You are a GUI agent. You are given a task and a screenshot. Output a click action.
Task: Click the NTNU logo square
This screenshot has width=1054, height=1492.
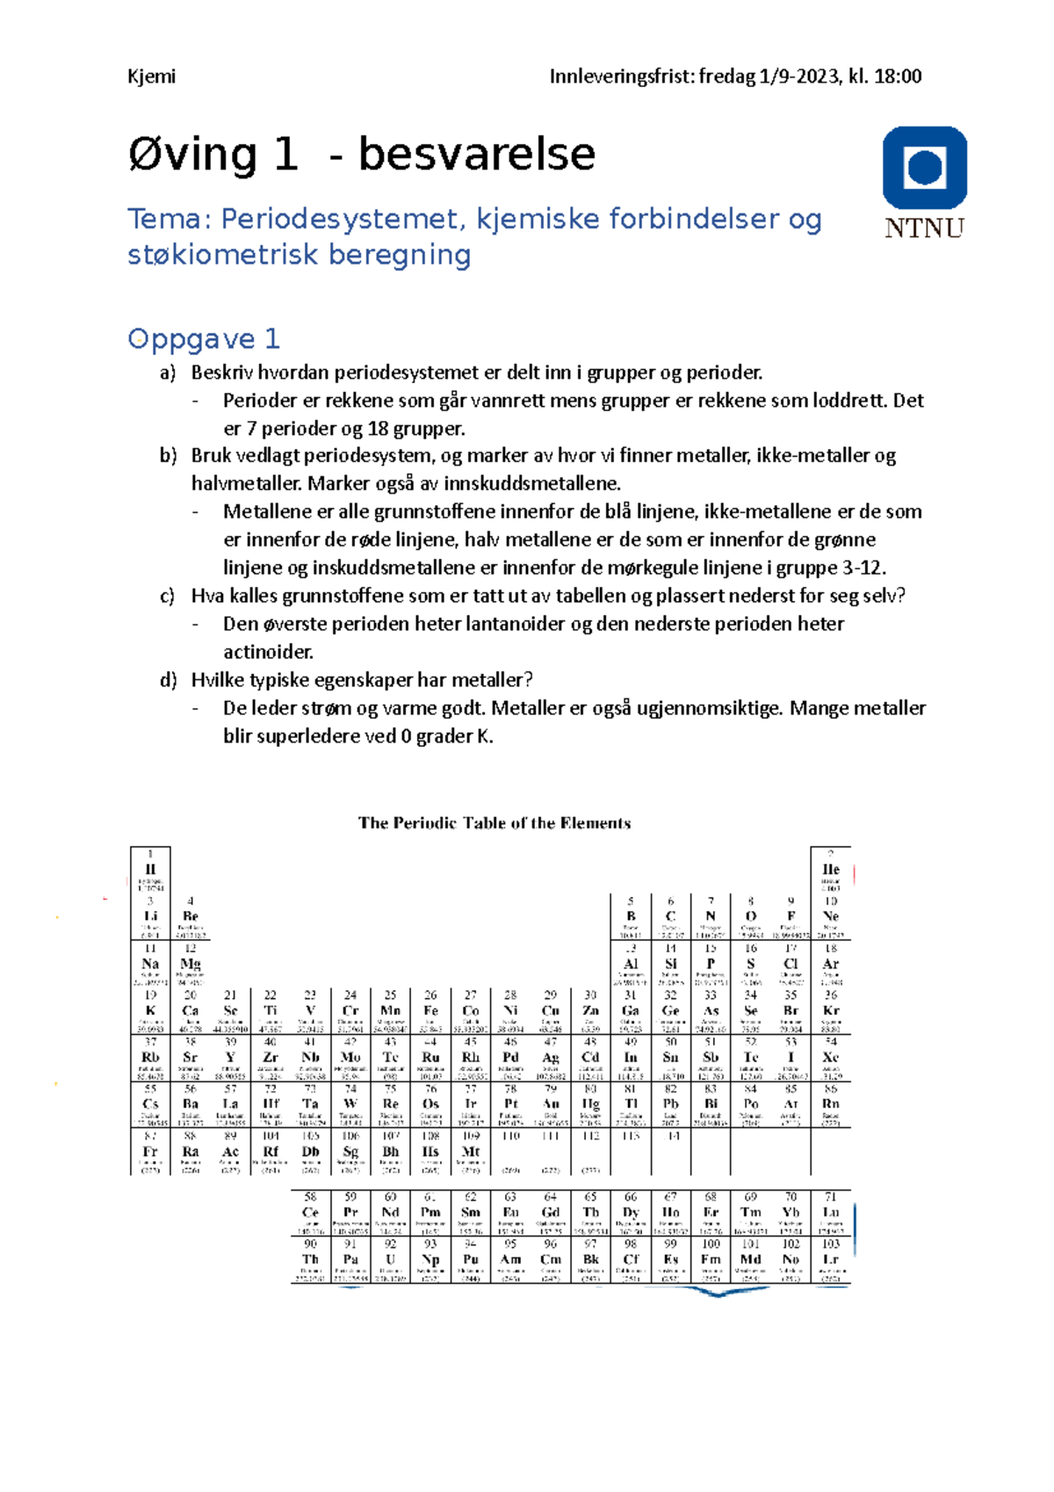pos(924,168)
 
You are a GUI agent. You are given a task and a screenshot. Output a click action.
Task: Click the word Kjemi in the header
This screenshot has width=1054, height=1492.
pos(151,76)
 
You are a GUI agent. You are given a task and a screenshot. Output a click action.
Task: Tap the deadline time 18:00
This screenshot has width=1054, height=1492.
pos(898,76)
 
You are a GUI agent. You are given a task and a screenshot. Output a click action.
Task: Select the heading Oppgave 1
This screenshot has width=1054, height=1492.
pos(203,338)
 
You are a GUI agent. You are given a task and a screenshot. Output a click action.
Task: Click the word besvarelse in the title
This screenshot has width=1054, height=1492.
pos(476,155)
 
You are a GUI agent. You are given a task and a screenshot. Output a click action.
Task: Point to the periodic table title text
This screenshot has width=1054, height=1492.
pos(494,823)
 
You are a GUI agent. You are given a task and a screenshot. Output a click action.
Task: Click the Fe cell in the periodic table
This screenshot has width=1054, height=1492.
pos(430,1010)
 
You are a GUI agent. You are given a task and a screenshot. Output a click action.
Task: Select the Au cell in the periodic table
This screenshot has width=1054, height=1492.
pos(551,1105)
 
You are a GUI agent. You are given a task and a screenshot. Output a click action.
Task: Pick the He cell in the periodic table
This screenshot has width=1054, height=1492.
pos(830,870)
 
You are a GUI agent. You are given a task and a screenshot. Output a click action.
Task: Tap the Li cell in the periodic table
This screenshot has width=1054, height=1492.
pos(150,916)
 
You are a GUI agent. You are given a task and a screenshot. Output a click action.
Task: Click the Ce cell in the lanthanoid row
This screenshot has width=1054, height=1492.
pos(310,1213)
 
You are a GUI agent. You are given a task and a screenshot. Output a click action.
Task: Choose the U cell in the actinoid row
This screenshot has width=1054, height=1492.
pos(390,1260)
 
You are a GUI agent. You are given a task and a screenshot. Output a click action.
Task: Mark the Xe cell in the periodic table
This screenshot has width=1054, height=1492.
pos(830,1058)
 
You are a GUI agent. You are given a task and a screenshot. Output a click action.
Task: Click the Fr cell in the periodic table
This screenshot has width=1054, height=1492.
pos(150,1152)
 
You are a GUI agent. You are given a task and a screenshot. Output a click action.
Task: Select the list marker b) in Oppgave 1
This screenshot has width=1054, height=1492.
pos(168,456)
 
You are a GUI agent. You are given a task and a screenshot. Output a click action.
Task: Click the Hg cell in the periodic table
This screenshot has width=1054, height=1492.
pos(591,1105)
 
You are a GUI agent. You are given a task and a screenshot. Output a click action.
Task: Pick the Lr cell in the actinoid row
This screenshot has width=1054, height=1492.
pos(830,1260)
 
